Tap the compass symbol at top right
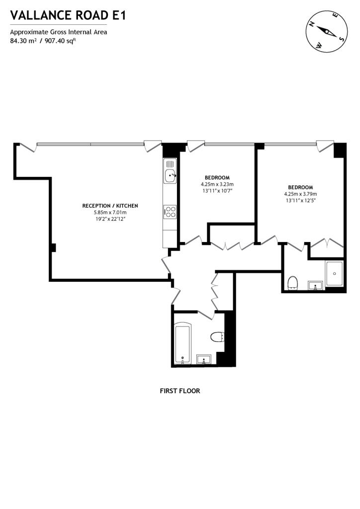pyautogui.click(x=326, y=31)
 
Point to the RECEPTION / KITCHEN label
pyautogui.click(x=110, y=206)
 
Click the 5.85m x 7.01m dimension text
pyautogui.click(x=110, y=212)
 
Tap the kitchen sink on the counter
pyautogui.click(x=170, y=174)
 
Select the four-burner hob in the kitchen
pyautogui.click(x=170, y=212)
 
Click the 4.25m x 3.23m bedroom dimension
pyautogui.click(x=217, y=184)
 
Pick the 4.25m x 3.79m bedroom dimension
pyautogui.click(x=300, y=194)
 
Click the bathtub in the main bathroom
pyautogui.click(x=182, y=343)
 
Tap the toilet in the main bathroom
pyautogui.click(x=217, y=337)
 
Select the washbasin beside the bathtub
pyautogui.click(x=204, y=359)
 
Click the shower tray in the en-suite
pyautogui.click(x=334, y=273)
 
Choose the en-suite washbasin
pyautogui.click(x=315, y=285)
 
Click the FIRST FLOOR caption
pyautogui.click(x=180, y=391)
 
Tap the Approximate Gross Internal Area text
pyautogui.click(x=59, y=32)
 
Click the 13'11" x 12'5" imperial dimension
pyautogui.click(x=300, y=200)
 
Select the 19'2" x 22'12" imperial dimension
pyautogui.click(x=110, y=219)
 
